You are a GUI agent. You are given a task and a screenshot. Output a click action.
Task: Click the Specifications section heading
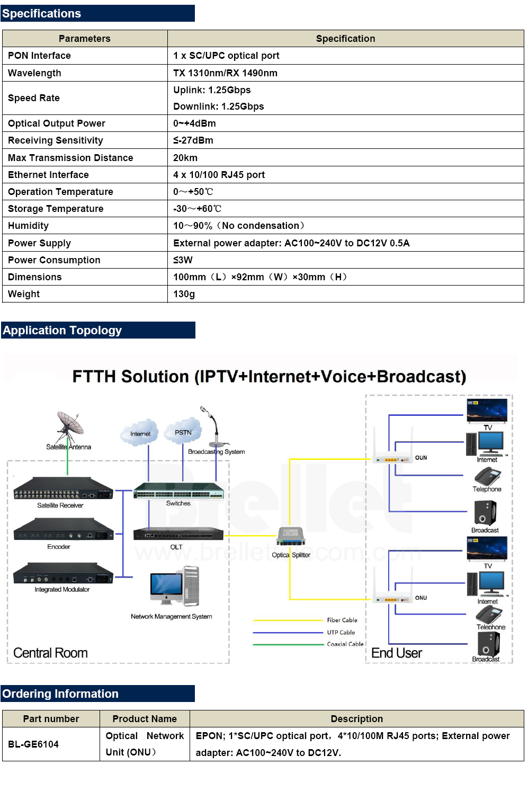(42, 14)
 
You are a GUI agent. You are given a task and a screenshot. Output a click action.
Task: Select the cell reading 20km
(185, 158)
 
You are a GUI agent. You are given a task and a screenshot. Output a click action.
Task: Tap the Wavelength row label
(34, 73)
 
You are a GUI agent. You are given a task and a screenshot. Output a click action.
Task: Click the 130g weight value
(184, 294)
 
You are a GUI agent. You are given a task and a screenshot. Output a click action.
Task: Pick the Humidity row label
(28, 226)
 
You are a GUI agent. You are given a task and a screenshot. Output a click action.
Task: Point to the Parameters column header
(85, 39)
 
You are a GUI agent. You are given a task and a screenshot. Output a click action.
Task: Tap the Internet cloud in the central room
(140, 432)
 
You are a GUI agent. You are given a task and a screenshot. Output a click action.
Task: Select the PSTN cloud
(183, 431)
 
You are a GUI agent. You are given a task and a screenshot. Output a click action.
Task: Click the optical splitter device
(291, 536)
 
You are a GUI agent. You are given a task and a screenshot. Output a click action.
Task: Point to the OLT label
(176, 547)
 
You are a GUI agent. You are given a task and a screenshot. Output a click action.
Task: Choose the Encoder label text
(59, 547)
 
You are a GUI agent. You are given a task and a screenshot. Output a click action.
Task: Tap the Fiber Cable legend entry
(342, 620)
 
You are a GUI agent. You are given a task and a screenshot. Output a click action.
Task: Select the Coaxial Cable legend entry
(345, 644)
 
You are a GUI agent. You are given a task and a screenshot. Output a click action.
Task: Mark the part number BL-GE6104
(33, 744)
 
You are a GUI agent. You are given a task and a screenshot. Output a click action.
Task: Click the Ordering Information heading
(60, 694)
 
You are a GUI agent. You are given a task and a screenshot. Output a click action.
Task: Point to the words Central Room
(50, 653)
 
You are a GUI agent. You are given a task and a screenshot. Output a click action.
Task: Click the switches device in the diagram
(178, 492)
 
